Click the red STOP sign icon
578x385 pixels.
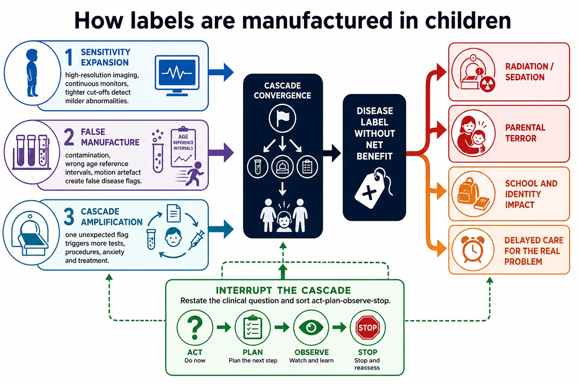[367, 327]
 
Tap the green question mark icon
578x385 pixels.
[195, 327]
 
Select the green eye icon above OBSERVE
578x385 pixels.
[311, 327]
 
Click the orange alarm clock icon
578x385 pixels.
[473, 249]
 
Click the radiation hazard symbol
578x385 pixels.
[487, 84]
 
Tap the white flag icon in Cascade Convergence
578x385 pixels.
[283, 118]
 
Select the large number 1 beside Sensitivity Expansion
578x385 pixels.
[69, 57]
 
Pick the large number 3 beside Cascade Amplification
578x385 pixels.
[69, 217]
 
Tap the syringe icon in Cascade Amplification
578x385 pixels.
[197, 240]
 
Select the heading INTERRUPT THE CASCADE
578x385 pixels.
[283, 290]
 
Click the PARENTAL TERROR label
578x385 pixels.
[525, 133]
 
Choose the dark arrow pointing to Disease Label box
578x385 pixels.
[332, 153]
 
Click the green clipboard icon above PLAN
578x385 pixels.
[253, 327]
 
